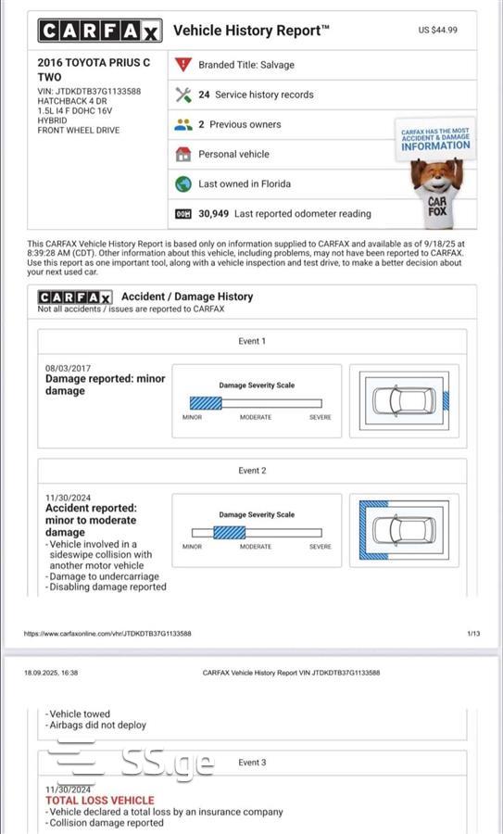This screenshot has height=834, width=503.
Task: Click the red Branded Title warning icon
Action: click(182, 64)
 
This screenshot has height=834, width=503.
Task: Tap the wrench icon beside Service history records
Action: click(182, 95)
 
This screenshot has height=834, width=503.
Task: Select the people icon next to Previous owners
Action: click(182, 124)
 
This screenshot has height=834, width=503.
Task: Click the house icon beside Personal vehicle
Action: click(182, 154)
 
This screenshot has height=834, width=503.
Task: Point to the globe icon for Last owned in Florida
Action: click(182, 184)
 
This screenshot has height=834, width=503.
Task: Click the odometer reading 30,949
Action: click(213, 214)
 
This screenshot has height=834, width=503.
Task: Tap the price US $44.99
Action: click(437, 30)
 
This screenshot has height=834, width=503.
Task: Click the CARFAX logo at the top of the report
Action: click(100, 31)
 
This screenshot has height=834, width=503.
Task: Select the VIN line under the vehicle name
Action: click(89, 91)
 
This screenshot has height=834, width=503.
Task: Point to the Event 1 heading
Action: click(252, 341)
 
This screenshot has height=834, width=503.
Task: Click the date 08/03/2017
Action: click(68, 368)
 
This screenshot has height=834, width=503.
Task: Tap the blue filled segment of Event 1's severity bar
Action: click(206, 403)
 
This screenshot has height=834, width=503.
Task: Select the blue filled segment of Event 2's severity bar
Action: click(229, 533)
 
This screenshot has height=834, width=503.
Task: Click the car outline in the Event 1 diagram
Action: click(404, 401)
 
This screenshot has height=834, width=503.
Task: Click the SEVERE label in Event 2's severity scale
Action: click(321, 546)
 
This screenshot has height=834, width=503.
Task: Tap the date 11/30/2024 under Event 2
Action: click(68, 498)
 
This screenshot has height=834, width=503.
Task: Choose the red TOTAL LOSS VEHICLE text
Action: click(100, 801)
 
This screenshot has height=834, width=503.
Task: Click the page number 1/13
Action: click(473, 634)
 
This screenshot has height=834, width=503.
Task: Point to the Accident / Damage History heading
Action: click(187, 297)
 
